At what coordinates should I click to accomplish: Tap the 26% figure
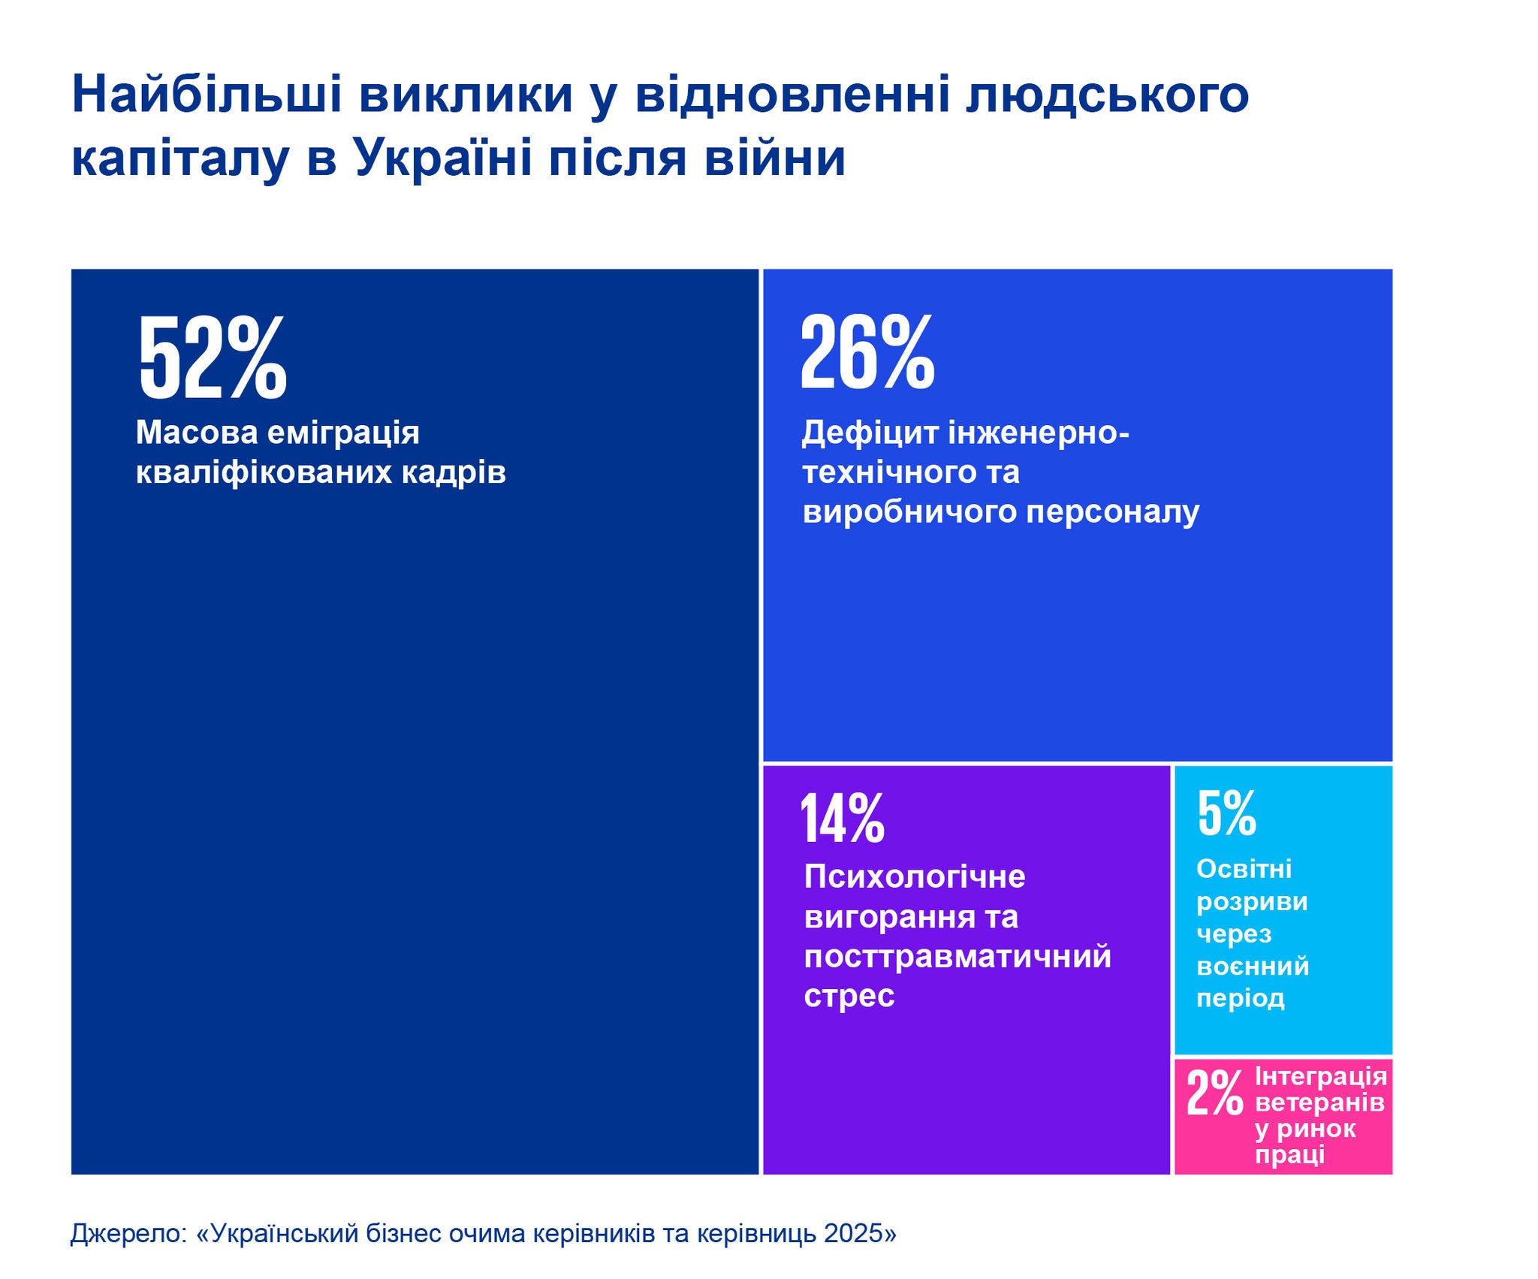[x=867, y=352]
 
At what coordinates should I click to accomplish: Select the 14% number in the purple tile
[x=843, y=819]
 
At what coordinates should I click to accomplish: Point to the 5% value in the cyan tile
[x=1226, y=813]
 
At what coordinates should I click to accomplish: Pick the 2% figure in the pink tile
[x=1214, y=1093]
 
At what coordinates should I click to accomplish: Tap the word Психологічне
[x=914, y=876]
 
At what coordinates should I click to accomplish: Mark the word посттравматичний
[x=957, y=956]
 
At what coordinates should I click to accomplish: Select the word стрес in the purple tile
[x=849, y=996]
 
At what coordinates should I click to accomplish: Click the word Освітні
[x=1244, y=869]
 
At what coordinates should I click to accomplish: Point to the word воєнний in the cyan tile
[x=1253, y=966]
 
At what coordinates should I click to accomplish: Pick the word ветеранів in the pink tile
[x=1319, y=1103]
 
